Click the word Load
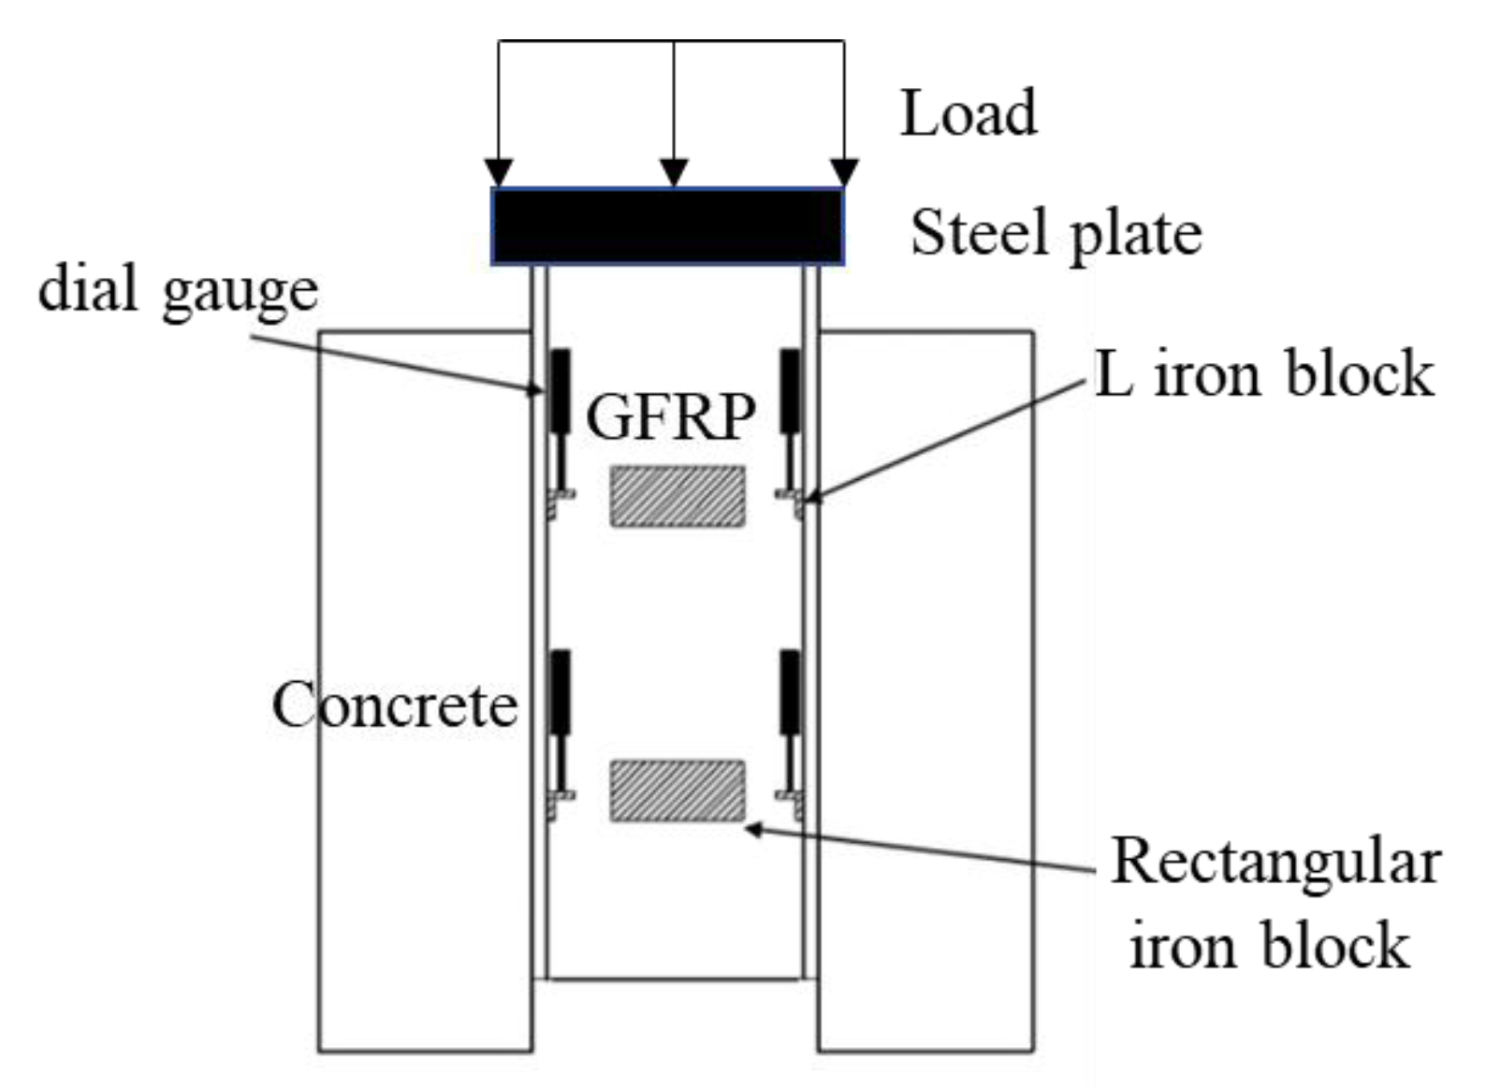[968, 113]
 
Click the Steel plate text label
[1056, 232]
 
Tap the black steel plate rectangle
[667, 226]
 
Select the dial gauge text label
[178, 289]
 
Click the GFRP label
[670, 416]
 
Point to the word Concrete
[394, 705]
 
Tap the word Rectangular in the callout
[1275, 861]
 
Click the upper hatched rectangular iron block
[677, 496]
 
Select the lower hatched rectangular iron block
[677, 791]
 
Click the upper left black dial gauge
[560, 390]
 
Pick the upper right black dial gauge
[791, 390]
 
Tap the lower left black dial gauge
[560, 692]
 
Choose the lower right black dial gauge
[791, 692]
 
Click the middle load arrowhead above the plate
[674, 173]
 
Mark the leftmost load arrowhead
[499, 173]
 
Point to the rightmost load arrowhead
[844, 173]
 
